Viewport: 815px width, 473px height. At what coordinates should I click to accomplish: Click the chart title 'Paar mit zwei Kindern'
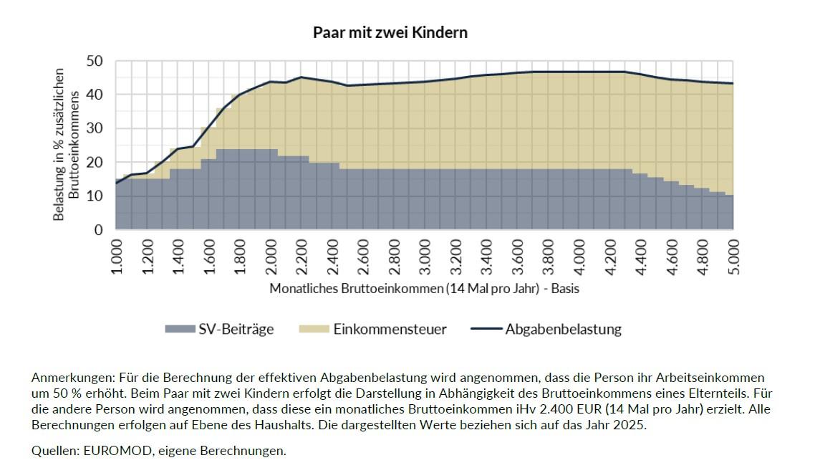[390, 32]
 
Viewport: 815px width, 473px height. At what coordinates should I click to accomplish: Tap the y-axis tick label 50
[95, 61]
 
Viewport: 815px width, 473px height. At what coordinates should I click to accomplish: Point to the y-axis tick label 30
[95, 128]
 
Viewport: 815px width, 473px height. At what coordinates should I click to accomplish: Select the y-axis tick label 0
[99, 229]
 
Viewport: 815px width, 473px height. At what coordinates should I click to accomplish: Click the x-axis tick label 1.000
[117, 257]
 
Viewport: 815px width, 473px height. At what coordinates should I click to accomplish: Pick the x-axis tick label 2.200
[302, 257]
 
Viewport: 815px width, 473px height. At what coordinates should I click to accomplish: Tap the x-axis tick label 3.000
[425, 257]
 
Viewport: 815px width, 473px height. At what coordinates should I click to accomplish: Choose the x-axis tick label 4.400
[641, 257]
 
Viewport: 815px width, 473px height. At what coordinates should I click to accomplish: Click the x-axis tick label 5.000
[733, 257]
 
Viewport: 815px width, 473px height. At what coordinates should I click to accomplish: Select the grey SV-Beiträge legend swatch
[180, 329]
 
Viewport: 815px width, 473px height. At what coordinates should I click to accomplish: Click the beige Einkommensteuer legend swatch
[314, 329]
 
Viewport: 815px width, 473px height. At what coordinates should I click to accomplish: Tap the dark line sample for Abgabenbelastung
[486, 329]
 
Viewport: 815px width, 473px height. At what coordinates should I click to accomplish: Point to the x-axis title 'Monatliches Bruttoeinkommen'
[356, 288]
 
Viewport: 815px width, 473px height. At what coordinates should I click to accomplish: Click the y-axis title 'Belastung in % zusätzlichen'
[59, 144]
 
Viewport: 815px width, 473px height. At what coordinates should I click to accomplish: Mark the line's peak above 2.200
[301, 77]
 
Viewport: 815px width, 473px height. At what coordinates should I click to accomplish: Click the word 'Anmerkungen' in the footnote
[73, 378]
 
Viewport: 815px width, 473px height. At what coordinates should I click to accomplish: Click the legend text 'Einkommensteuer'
[390, 329]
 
